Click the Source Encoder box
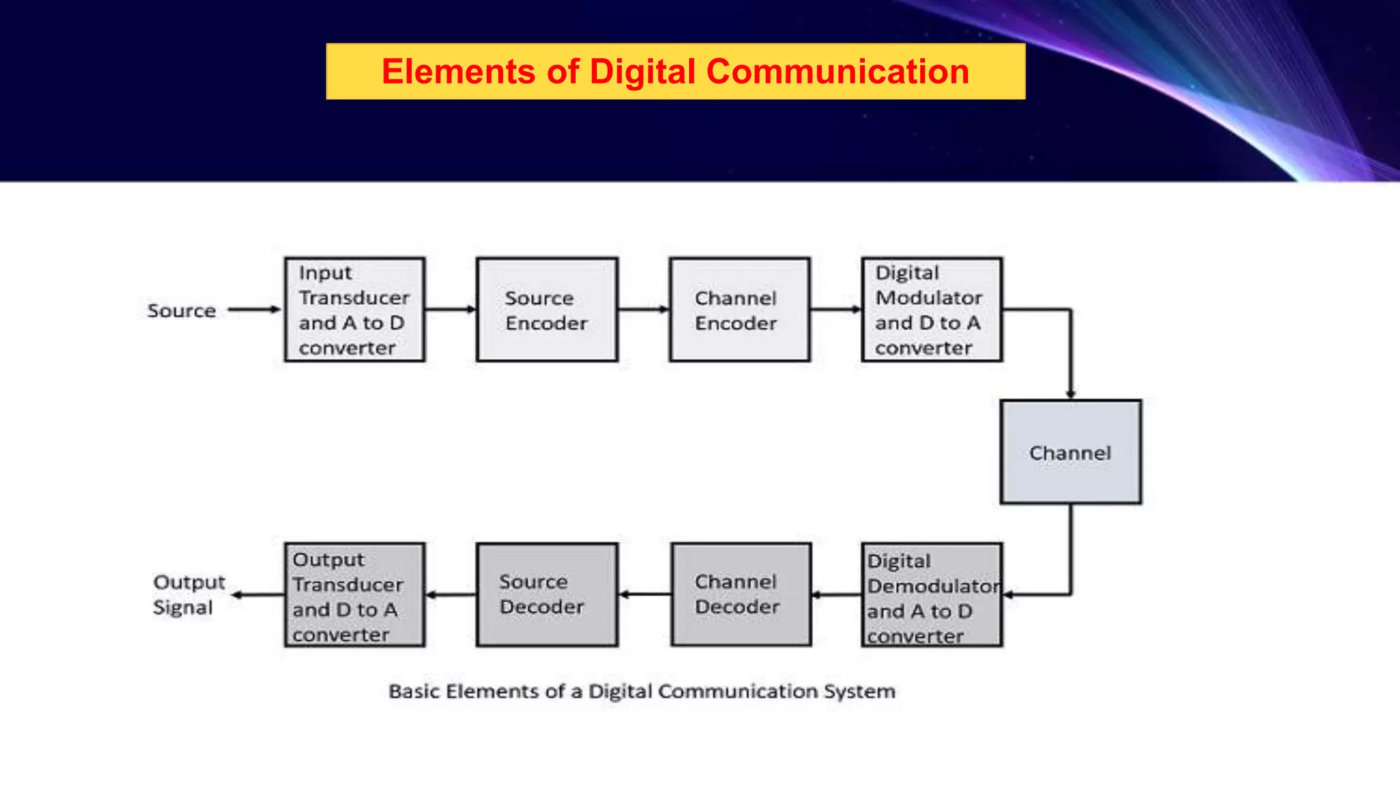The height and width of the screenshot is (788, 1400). (547, 310)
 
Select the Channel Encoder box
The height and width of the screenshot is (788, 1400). (740, 310)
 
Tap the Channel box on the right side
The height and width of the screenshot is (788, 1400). (1071, 452)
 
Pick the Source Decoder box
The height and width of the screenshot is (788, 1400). (547, 594)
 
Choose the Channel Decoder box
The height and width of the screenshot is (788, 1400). (741, 594)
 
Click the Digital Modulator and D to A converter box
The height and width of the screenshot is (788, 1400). (932, 310)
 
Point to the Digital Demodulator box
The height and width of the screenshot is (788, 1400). (932, 595)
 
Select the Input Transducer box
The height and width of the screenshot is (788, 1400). (355, 310)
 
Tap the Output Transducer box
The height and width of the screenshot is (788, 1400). (355, 595)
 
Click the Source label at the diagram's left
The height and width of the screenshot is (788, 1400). (182, 311)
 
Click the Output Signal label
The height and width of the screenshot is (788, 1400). (188, 594)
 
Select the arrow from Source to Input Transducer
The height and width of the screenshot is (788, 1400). (254, 309)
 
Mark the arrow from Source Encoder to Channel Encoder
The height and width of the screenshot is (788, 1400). (643, 309)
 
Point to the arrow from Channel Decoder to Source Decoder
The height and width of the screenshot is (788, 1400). (645, 594)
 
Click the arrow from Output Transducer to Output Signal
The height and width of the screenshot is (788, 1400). (258, 594)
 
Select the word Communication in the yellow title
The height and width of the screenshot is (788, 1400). (837, 71)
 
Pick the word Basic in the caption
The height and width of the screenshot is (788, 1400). (414, 692)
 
